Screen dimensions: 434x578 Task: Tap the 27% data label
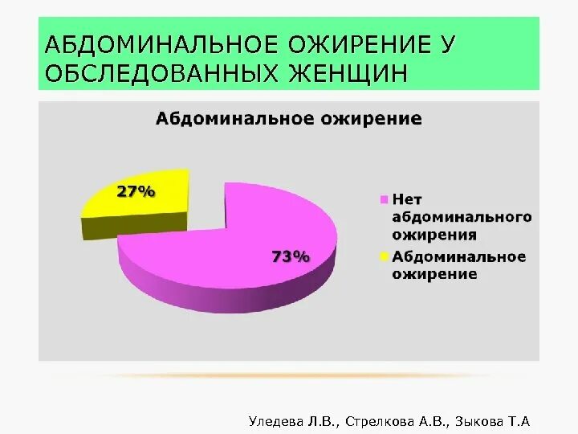tap(136, 191)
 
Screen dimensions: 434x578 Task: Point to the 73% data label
tap(291, 256)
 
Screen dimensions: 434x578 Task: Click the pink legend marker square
tap(385, 199)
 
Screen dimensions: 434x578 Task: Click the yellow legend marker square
tap(385, 256)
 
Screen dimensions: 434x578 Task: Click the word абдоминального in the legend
tap(462, 218)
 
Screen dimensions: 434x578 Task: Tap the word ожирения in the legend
tap(434, 235)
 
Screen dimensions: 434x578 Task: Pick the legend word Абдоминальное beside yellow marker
tap(458, 256)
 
